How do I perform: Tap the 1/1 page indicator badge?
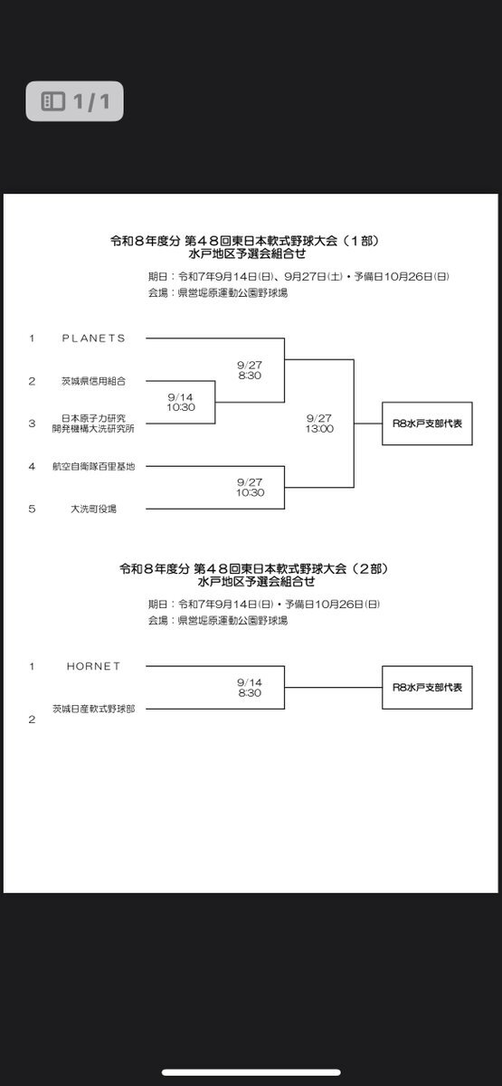(74, 100)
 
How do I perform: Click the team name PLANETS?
(93, 338)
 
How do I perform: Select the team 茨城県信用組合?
(93, 381)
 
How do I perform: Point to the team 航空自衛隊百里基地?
(93, 466)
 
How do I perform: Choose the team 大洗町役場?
(93, 509)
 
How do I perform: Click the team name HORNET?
(93, 666)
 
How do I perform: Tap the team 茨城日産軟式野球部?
(93, 709)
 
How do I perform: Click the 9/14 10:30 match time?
(181, 403)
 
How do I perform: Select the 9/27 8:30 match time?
(250, 370)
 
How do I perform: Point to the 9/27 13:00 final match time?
(319, 424)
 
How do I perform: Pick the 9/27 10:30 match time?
(250, 487)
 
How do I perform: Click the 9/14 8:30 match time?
(250, 688)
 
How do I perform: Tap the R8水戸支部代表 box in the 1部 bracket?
(427, 424)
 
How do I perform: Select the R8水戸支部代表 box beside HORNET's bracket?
(427, 688)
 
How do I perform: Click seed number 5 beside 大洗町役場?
(32, 509)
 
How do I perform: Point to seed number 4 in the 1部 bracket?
(32, 466)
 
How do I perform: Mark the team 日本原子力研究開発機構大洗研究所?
(93, 424)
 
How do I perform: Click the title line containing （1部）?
(245, 241)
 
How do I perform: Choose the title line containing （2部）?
(254, 568)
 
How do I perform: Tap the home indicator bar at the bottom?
(251, 1072)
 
